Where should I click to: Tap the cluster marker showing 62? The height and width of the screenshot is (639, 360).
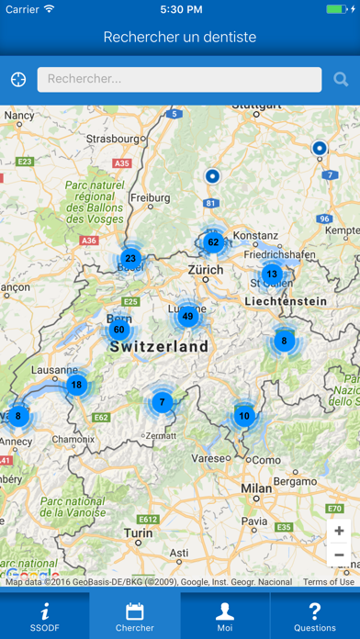213,243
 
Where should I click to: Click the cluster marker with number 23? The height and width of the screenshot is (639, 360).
130,259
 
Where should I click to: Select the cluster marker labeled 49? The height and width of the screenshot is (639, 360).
187,317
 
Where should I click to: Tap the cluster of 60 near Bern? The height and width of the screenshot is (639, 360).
118,330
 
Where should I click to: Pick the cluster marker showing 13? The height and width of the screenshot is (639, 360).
271,274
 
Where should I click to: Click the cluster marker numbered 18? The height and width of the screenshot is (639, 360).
76,385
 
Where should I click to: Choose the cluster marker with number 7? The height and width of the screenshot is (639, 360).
163,402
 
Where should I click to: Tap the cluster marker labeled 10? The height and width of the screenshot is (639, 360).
243,416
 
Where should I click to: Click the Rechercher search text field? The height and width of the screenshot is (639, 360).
179,80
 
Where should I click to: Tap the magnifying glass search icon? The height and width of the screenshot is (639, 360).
341,80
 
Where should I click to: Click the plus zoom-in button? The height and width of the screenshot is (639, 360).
339,531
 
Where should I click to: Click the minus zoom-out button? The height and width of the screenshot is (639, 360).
339,555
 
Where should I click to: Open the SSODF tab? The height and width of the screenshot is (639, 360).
45,615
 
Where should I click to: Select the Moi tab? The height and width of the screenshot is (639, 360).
225,615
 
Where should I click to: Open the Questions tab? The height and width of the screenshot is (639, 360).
315,615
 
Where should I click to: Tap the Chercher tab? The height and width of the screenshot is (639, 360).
135,615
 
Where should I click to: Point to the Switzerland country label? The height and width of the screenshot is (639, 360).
159,347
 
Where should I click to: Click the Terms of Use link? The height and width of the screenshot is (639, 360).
328,582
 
